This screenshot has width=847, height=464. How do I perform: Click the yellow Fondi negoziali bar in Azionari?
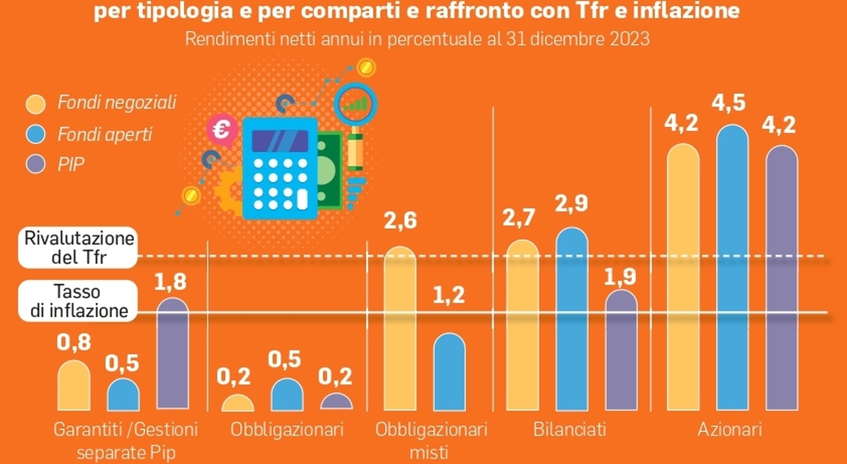(683, 278)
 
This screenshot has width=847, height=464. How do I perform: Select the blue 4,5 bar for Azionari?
(733, 268)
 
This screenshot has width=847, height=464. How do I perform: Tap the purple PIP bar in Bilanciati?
(621, 351)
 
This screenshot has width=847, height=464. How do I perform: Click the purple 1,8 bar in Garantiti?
(172, 354)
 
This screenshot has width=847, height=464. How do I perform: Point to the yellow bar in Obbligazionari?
(238, 404)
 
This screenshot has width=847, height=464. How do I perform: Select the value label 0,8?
(73, 342)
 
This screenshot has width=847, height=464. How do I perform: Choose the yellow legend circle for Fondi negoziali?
(34, 103)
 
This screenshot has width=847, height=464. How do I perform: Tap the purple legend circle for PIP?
(34, 164)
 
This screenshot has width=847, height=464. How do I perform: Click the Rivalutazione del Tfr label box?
(78, 248)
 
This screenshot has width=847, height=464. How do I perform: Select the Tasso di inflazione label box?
(78, 301)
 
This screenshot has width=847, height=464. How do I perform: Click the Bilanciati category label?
(570, 430)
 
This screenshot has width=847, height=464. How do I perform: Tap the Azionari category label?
(729, 430)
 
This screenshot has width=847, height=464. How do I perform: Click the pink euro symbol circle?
(220, 129)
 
